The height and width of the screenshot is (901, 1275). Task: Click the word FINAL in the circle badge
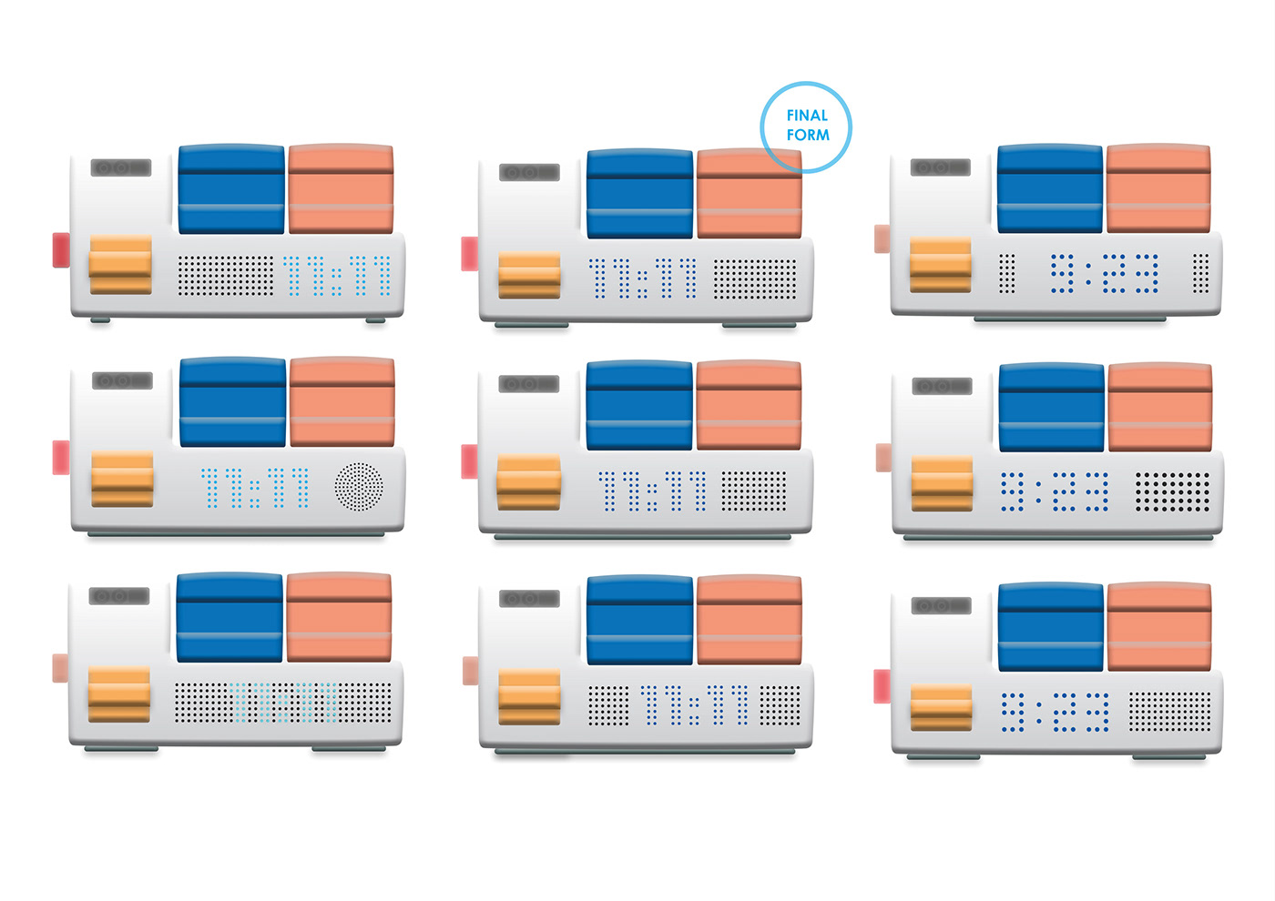807,116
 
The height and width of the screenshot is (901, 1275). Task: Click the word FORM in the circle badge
808,135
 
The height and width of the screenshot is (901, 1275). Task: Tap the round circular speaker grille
359,486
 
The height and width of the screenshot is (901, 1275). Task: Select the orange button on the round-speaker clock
122,479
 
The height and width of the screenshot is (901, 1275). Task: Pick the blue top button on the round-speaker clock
233,401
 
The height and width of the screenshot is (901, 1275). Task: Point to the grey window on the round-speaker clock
122,380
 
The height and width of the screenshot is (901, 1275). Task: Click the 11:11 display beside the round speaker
254,488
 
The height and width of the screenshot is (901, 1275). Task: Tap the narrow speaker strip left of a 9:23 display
1006,274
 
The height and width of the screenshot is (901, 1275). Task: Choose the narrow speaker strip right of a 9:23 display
1200,274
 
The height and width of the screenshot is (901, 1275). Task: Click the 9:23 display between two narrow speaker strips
1104,274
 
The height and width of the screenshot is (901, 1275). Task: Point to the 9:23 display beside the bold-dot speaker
1055,491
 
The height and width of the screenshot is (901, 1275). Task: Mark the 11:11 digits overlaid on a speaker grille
283,703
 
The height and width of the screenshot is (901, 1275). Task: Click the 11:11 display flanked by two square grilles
694,704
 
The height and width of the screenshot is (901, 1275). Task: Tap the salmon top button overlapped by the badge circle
750,193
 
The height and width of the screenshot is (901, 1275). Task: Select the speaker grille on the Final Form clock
755,279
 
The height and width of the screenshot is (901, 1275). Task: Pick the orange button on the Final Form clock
529,275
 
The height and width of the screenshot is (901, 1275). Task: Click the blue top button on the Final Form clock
639,193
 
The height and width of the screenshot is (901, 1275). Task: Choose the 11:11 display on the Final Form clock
643,278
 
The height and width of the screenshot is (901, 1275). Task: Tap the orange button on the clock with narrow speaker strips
940,265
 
